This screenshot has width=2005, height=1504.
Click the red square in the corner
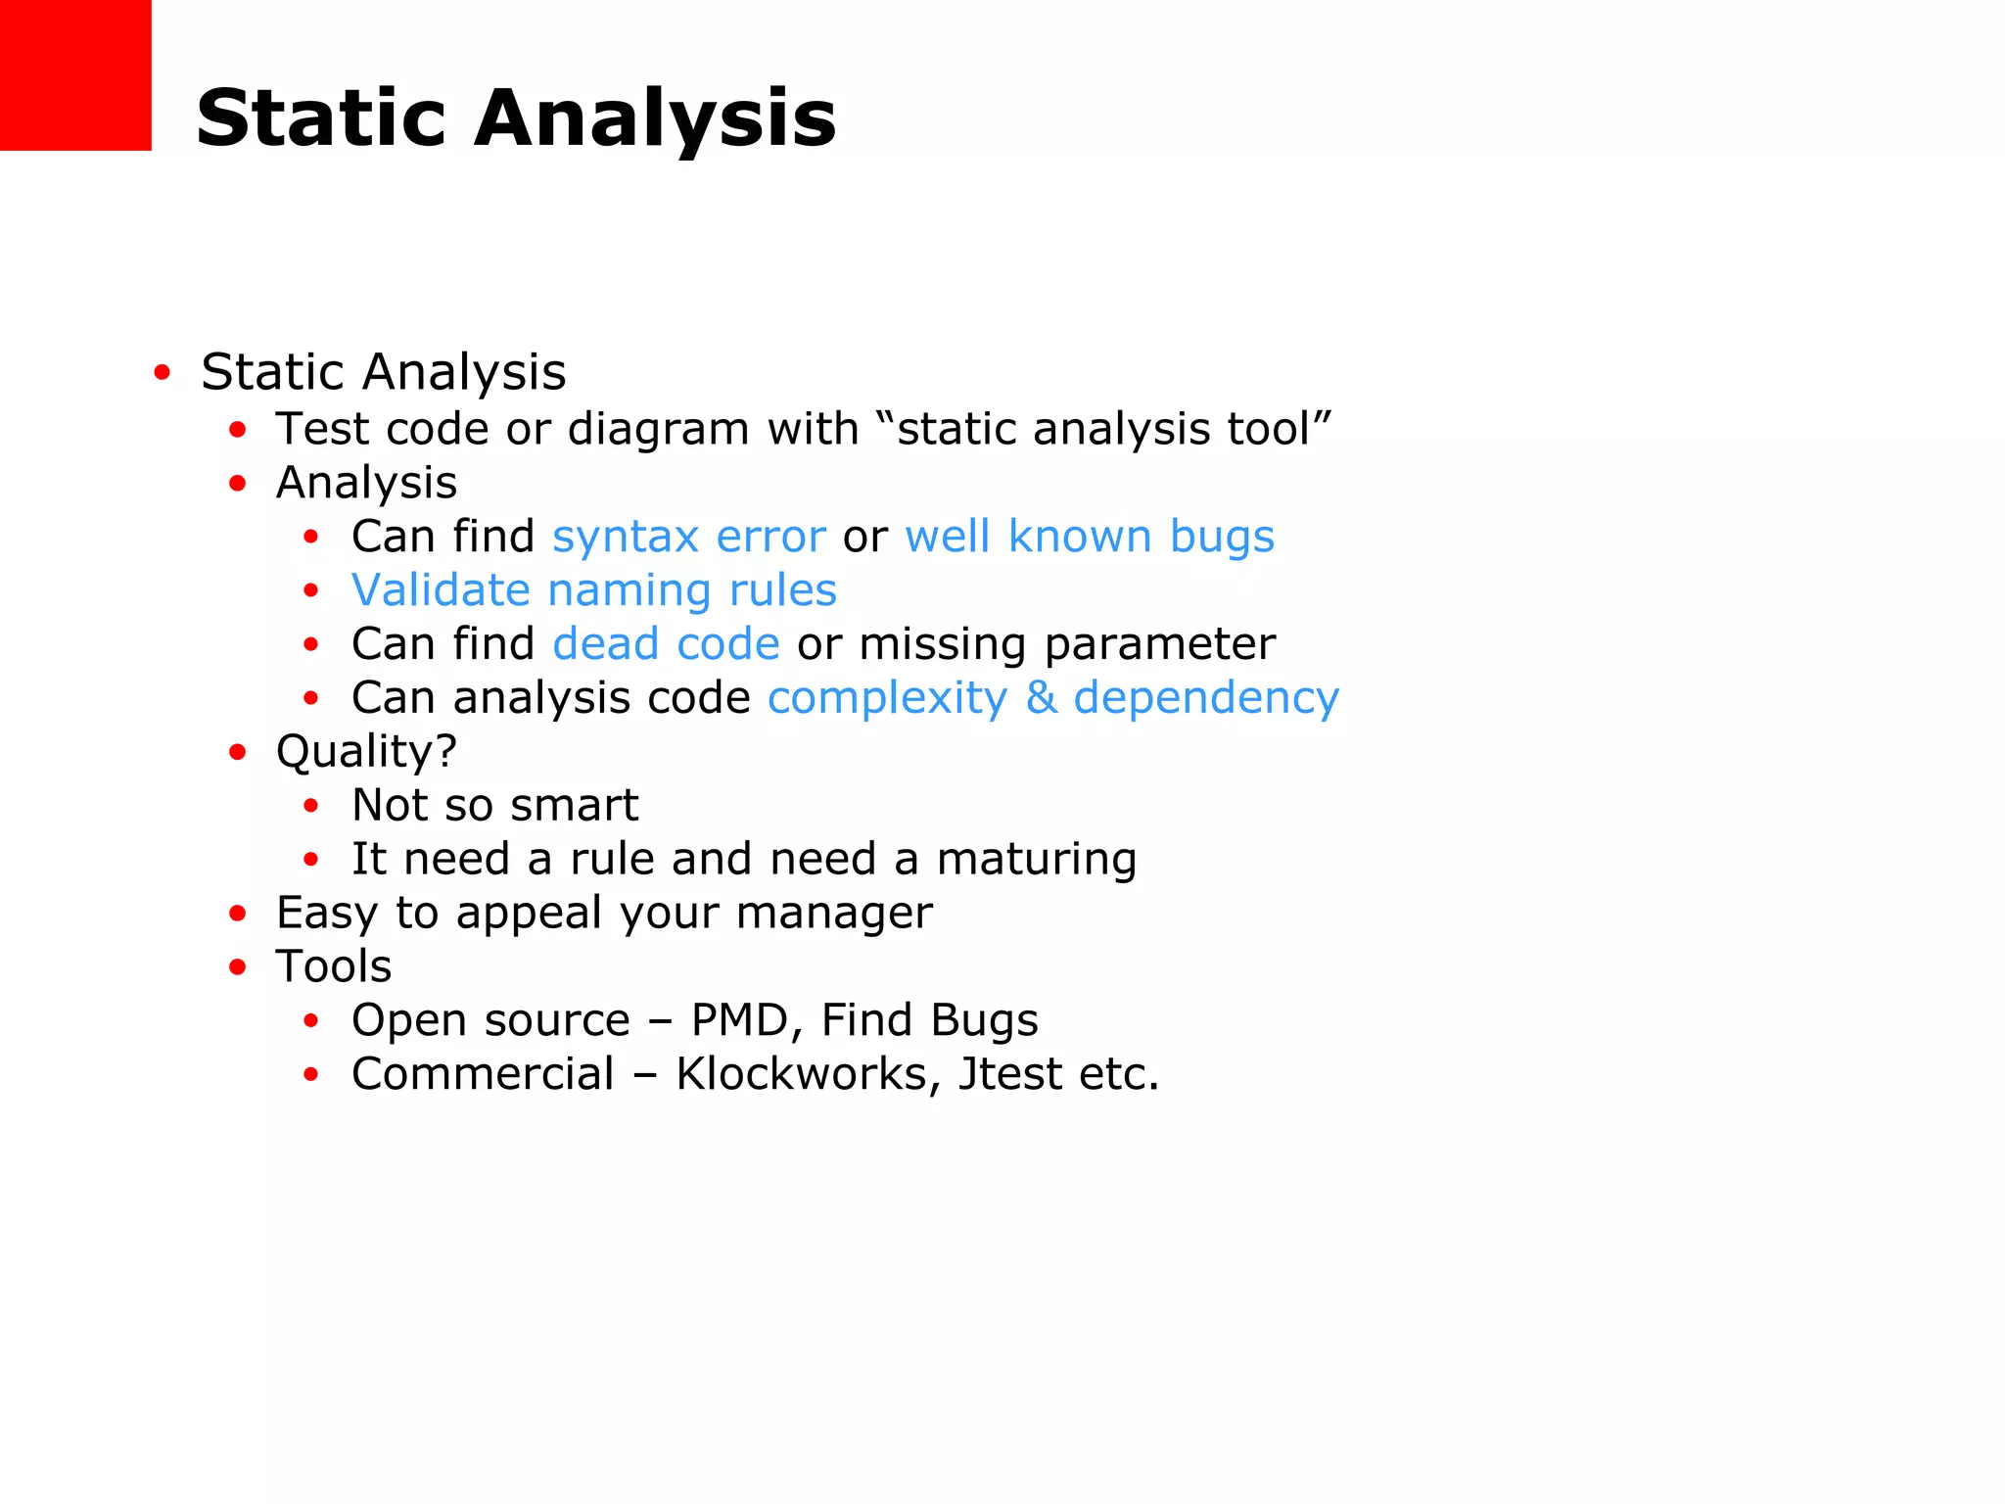[75, 74]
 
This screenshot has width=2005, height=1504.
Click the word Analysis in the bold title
[655, 118]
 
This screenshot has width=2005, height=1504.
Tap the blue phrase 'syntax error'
[689, 537]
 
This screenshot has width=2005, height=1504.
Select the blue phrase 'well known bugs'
[1090, 537]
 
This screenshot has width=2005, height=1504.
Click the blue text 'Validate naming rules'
[594, 590]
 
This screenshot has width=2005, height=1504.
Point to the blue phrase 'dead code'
[666, 644]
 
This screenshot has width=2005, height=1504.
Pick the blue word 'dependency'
[1206, 699]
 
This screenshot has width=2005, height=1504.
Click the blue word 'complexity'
[887, 699]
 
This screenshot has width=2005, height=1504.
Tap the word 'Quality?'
[366, 752]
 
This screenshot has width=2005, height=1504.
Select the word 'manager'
[834, 914]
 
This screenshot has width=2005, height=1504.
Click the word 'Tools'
[334, 966]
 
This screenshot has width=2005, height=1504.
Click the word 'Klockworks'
[801, 1074]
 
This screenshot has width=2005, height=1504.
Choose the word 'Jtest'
[1009, 1074]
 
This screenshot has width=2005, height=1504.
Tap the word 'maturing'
[1037, 860]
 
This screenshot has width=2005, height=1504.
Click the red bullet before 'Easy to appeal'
[238, 914]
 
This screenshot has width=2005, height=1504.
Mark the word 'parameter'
[1160, 644]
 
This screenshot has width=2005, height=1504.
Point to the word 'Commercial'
[483, 1074]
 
